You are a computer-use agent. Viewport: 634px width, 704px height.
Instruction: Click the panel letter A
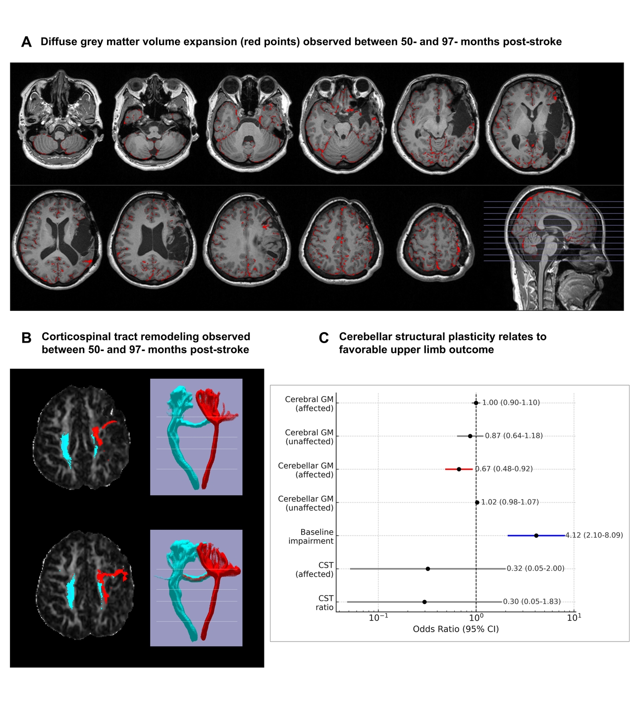click(26, 42)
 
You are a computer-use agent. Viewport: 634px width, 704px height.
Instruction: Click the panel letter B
click(26, 338)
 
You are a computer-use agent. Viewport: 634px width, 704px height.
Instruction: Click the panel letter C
click(323, 338)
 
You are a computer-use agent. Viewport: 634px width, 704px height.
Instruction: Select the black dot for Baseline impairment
click(536, 535)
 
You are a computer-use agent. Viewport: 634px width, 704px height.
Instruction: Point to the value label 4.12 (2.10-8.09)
click(594, 535)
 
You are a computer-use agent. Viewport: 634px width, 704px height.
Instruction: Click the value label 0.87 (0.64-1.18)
click(514, 436)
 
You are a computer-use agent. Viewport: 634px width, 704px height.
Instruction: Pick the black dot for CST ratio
click(424, 602)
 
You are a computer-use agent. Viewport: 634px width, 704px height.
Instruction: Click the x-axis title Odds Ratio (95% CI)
click(456, 629)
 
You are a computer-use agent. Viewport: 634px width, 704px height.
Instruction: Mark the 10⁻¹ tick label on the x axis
click(378, 617)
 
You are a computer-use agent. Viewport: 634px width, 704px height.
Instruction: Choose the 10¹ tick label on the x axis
click(574, 617)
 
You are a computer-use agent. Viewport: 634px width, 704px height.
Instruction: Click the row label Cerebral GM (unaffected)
click(309, 437)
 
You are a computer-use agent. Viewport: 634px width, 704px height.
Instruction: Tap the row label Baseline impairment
click(311, 536)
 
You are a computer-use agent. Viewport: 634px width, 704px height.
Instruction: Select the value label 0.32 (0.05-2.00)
click(535, 568)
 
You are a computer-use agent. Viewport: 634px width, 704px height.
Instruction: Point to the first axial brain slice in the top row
click(60, 119)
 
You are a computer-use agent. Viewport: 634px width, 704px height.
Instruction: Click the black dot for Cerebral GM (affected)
click(476, 403)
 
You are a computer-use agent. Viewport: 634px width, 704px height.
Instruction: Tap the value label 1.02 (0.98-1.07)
click(510, 502)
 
